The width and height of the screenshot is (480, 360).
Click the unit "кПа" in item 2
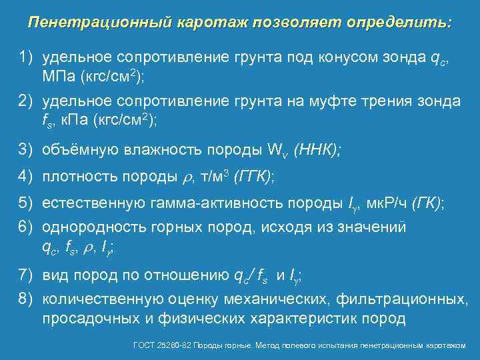pyautogui.click(x=73, y=119)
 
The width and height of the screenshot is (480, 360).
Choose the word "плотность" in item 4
pyautogui.click(x=77, y=176)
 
